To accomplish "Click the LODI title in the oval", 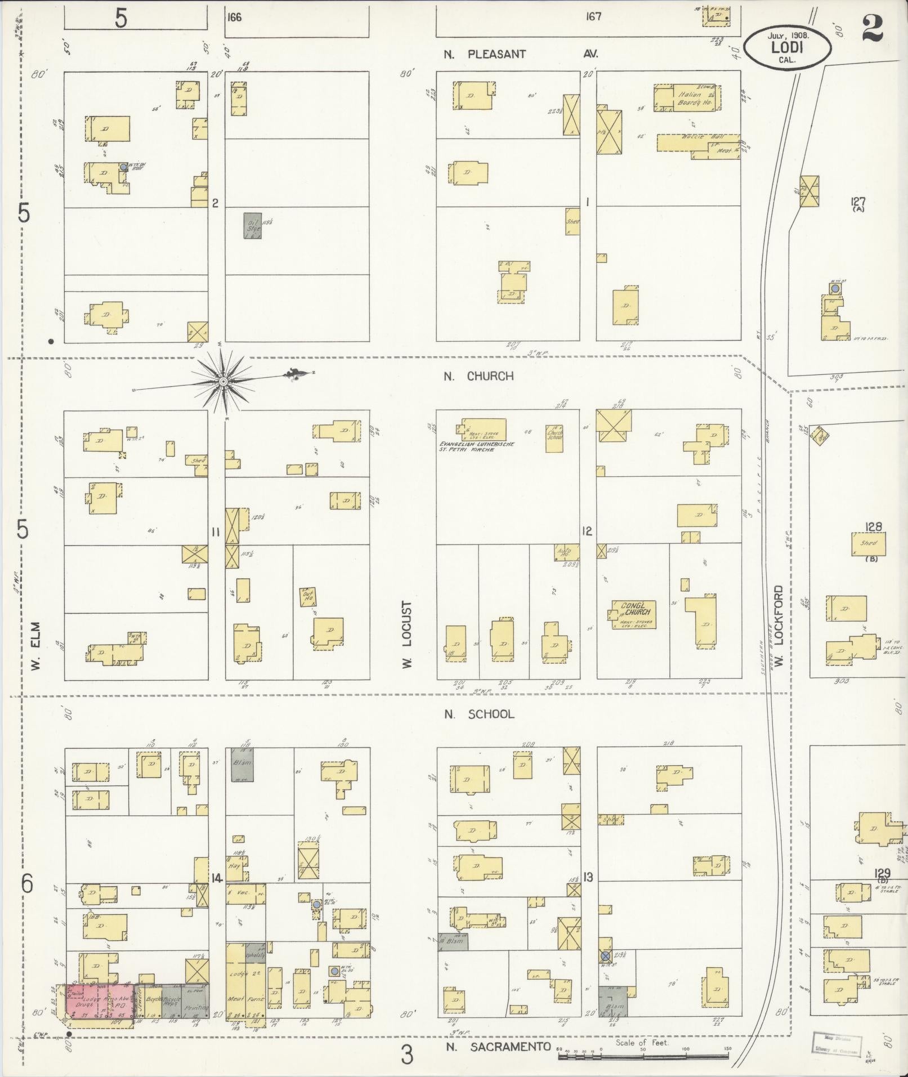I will [x=787, y=47].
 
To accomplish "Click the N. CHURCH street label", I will [x=478, y=376].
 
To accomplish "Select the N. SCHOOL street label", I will [x=478, y=714].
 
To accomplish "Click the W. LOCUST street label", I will [x=407, y=634].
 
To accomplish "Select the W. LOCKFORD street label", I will [x=779, y=625].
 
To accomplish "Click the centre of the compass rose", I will [x=223, y=382].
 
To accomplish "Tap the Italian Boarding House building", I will [x=687, y=98].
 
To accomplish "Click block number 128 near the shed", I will [x=874, y=528].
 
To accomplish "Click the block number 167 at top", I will [x=593, y=16].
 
